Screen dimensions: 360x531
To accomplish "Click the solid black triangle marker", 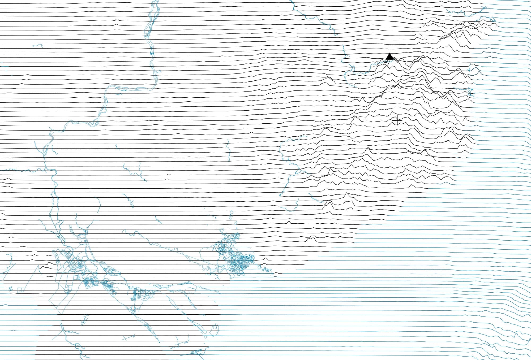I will [389, 57].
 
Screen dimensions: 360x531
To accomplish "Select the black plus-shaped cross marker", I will [397, 120].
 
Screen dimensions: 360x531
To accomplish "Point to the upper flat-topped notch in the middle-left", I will [169, 175].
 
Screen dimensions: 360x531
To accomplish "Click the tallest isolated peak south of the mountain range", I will [346, 195].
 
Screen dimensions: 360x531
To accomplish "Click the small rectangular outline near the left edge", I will [20, 289].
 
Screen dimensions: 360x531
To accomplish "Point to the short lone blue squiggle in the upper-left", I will [38, 46].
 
